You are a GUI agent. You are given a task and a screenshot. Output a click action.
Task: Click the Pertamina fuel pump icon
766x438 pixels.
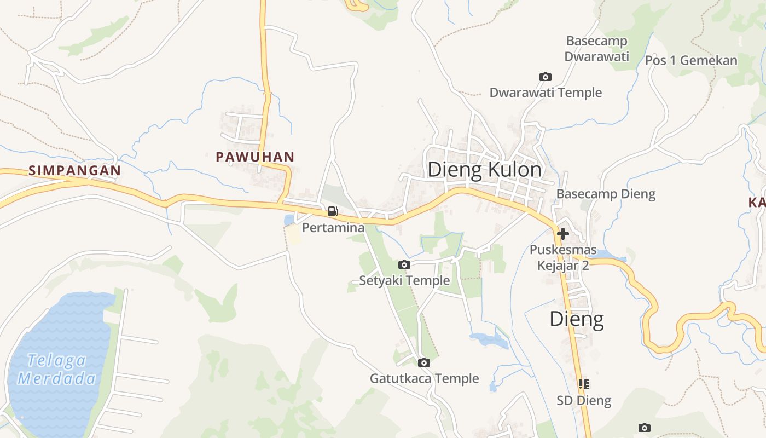pos(333,211)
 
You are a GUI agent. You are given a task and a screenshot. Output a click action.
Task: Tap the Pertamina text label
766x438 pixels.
pos(333,227)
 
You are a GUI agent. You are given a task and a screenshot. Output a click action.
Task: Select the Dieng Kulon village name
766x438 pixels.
pos(484,170)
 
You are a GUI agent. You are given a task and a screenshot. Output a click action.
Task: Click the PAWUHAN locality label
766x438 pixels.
pos(255,157)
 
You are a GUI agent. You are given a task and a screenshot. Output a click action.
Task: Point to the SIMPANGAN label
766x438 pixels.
pos(74,170)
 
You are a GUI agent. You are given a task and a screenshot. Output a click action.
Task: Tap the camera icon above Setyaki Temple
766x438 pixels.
pos(404,265)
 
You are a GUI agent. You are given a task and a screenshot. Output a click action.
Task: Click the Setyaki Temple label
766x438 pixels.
pos(404,281)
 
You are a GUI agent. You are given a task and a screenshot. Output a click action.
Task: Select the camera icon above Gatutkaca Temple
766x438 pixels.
pos(423,362)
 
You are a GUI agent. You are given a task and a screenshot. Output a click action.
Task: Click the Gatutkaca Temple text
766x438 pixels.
pos(424,378)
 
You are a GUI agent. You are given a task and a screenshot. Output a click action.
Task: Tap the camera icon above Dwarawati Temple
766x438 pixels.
pos(545,77)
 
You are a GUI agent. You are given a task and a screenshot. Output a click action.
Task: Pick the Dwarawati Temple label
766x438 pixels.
pos(546,93)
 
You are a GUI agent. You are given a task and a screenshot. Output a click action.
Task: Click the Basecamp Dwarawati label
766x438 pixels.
pos(596,49)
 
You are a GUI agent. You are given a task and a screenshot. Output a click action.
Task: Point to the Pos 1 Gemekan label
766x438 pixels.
pos(691,60)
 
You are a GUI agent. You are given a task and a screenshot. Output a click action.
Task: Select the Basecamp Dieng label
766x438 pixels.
pos(606,194)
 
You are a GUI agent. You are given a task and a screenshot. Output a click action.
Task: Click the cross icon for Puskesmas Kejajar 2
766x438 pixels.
pos(562,234)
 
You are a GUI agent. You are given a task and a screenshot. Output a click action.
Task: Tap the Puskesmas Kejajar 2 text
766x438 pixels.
pos(563,257)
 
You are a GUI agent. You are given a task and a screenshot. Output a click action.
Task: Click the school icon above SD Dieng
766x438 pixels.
pos(584,384)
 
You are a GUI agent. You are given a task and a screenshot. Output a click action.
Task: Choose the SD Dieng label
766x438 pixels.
pos(584,400)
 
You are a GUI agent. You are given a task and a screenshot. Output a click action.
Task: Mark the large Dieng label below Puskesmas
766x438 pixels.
pos(577,319)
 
